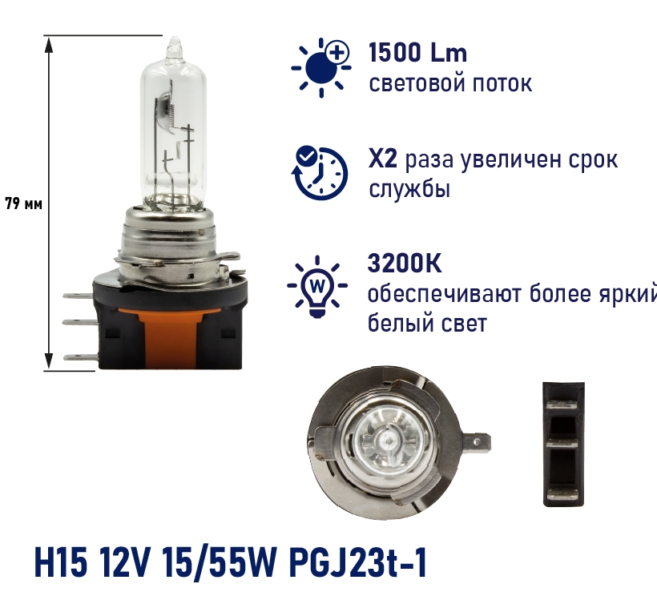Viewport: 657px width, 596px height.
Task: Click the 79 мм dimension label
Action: pyautogui.click(x=23, y=204)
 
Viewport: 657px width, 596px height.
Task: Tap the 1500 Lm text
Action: pyautogui.click(x=417, y=53)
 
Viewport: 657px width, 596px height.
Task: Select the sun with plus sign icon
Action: pyautogui.click(x=321, y=67)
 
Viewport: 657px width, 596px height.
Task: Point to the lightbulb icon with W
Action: pyautogui.click(x=317, y=287)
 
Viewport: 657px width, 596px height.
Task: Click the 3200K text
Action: pyautogui.click(x=405, y=264)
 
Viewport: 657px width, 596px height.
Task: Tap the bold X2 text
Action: pyautogui.click(x=382, y=159)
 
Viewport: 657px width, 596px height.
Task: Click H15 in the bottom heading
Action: pyautogui.click(x=61, y=563)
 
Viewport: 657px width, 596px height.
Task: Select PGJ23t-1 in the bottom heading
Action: pyautogui.click(x=358, y=563)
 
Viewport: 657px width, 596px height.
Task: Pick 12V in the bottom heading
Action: pyautogui.click(x=124, y=563)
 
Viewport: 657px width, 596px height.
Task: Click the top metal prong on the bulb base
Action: pyautogui.click(x=79, y=296)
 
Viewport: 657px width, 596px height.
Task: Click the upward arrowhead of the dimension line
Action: pyautogui.click(x=49, y=44)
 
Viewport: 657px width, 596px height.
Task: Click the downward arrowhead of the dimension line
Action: pyautogui.click(x=49, y=361)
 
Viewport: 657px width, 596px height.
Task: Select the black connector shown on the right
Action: pyautogui.click(x=563, y=444)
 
